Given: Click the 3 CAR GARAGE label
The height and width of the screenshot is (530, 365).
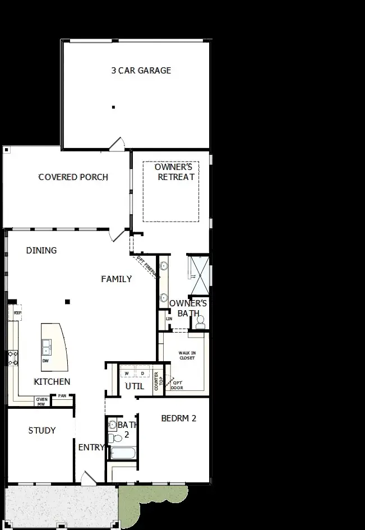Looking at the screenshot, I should click(x=141, y=71).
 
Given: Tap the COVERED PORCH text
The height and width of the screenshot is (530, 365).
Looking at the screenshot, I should click(x=73, y=177).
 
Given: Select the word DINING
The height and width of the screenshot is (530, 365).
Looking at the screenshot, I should click(x=41, y=250).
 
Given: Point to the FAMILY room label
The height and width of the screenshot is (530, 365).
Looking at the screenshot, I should click(x=116, y=279).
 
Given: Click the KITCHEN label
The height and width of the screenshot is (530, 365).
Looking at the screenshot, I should click(x=52, y=382).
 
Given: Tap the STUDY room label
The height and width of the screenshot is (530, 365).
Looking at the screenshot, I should click(x=42, y=430).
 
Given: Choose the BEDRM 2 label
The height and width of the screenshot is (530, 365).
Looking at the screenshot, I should click(x=178, y=418).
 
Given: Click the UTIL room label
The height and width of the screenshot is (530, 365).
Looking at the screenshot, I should click(x=135, y=386).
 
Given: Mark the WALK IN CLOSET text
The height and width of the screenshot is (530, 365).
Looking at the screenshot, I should click(x=187, y=356).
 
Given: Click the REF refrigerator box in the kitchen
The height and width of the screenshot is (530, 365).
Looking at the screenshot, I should click(x=18, y=313).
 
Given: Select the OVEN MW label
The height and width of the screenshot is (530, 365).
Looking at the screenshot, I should click(x=41, y=401).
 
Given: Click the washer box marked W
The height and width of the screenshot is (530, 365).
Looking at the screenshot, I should click(x=127, y=373).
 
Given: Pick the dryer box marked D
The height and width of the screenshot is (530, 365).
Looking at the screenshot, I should click(x=142, y=373).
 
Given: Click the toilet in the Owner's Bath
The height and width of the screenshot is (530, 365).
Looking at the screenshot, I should click(x=200, y=322).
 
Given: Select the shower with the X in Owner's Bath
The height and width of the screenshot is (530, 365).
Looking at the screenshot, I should click(x=200, y=275).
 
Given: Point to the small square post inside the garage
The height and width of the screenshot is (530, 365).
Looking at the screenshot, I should click(x=113, y=107).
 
